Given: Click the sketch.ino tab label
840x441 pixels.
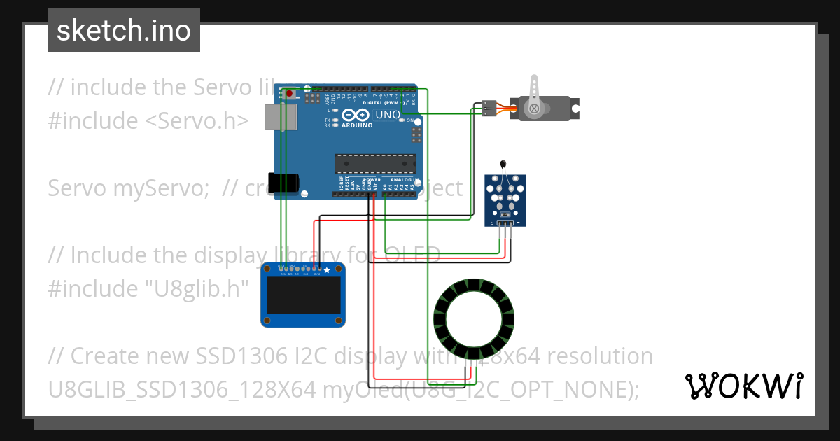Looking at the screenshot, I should pos(123,31).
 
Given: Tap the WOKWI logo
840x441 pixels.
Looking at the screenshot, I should pos(743,386).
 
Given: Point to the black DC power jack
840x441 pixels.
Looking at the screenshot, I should pos(285,182).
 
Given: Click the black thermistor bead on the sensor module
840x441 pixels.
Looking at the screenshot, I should pos(503,163).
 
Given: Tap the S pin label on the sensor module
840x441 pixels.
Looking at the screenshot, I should pos(491,223).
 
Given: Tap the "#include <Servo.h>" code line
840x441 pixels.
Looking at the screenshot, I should pos(148,120).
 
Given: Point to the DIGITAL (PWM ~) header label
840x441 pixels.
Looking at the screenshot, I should pos(381,103).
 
